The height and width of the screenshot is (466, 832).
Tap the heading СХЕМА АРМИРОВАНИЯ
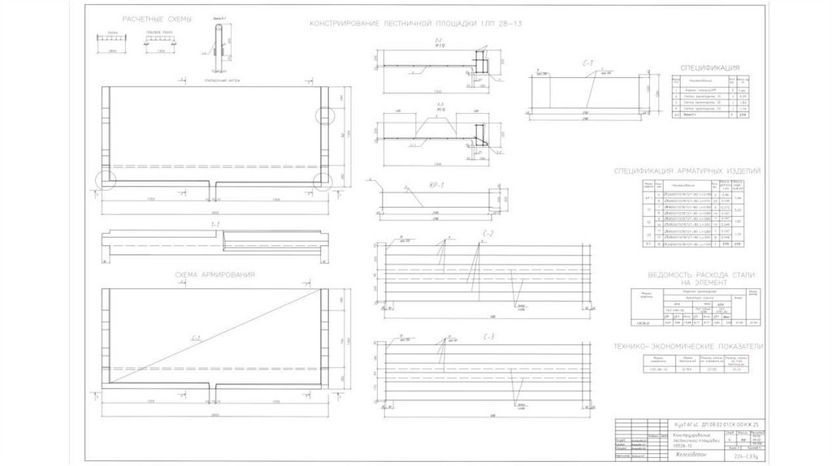(x=215, y=275)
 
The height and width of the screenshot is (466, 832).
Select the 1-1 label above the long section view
(x=216, y=223)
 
